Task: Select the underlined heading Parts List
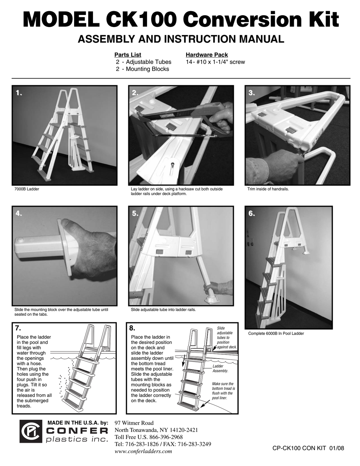pos(128,55)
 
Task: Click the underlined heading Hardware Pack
pos(207,55)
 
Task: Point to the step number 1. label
pos(19,93)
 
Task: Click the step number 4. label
pos(19,213)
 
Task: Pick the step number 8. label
pos(132,328)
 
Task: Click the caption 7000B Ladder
pos(27,189)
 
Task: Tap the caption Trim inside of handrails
pos(268,189)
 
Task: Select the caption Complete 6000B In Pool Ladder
pos(276,333)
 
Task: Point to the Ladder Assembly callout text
pos(220,368)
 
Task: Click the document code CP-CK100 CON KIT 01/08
pos(308,448)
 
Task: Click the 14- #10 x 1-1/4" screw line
pos(215,62)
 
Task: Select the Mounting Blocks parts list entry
pos(142,69)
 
